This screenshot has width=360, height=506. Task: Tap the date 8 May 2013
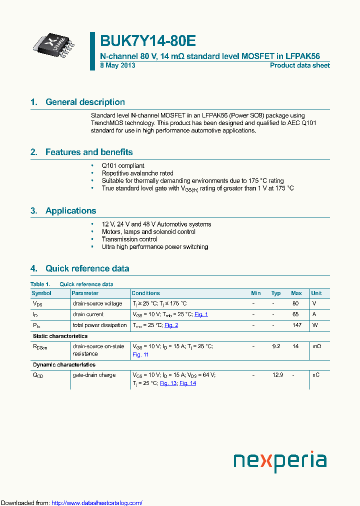pyautogui.click(x=117, y=65)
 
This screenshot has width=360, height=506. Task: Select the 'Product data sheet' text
pyautogui.click(x=299, y=65)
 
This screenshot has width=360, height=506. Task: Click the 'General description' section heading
pyautogui.click(x=85, y=102)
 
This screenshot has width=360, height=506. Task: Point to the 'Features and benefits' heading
pyautogui.click(x=89, y=152)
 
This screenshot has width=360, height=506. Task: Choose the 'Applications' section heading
pyautogui.click(x=70, y=210)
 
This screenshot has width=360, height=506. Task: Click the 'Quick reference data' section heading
pyautogui.click(x=87, y=268)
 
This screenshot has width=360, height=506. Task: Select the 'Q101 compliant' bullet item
pyautogui.click(x=123, y=165)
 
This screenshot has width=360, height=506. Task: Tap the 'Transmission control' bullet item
pyautogui.click(x=129, y=239)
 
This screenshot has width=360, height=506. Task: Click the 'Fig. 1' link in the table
pyautogui.click(x=201, y=314)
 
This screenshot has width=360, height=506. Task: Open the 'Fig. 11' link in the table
pyautogui.click(x=140, y=354)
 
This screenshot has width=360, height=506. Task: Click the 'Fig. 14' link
pyautogui.click(x=187, y=383)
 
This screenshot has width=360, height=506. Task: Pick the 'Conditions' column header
pyautogui.click(x=145, y=293)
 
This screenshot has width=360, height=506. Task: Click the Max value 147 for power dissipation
pyautogui.click(x=296, y=325)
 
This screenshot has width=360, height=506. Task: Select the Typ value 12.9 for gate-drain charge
pyautogui.click(x=276, y=375)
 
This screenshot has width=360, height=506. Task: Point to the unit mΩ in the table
pyautogui.click(x=316, y=346)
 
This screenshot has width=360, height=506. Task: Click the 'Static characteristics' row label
pyautogui.click(x=60, y=336)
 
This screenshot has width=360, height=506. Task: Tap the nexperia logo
pyautogui.click(x=280, y=460)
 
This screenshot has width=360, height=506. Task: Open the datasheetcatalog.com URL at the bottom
pyautogui.click(x=97, y=503)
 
